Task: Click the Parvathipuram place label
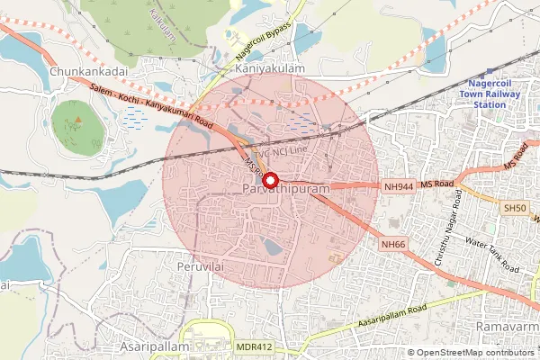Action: [286, 191]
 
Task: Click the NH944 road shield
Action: [398, 185]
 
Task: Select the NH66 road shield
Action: [392, 244]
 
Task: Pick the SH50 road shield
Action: [515, 207]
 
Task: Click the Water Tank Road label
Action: [492, 255]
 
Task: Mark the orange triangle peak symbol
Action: [76, 118]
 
